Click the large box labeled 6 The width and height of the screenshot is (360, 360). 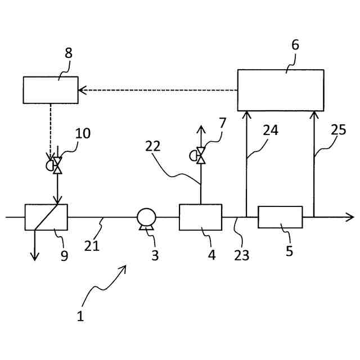[281, 90]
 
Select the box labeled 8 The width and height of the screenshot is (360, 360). [51, 90]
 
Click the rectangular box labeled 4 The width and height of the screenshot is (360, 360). [200, 217]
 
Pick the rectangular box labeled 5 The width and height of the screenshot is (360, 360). [280, 217]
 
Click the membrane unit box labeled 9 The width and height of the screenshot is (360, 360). [46, 217]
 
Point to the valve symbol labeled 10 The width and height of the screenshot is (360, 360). [56, 165]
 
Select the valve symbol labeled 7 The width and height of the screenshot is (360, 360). [200, 155]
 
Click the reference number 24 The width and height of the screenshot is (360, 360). [271, 130]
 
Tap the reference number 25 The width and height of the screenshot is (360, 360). [338, 130]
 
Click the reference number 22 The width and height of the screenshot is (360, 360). [152, 146]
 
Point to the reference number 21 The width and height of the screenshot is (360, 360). [92, 245]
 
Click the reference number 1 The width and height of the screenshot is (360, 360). [80, 316]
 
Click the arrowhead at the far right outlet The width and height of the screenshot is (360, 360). [350, 217]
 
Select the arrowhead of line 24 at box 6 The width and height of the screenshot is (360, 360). [246, 115]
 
